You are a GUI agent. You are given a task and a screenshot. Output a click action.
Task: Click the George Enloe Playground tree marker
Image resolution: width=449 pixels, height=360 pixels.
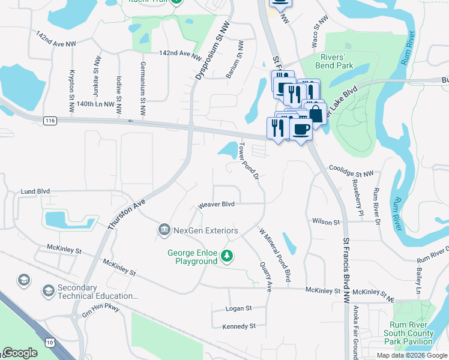click(227, 256)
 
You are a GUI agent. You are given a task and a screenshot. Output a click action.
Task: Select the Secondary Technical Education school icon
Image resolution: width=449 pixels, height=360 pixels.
click(48, 291)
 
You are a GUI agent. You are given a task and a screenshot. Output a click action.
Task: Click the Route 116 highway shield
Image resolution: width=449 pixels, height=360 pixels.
click(50, 121)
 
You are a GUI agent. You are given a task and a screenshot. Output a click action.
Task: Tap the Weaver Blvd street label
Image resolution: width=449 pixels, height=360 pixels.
click(216, 205)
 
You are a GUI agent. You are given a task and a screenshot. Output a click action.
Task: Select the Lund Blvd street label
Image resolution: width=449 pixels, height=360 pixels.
click(35, 191)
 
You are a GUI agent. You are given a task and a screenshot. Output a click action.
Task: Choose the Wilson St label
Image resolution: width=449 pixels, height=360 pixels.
click(326, 221)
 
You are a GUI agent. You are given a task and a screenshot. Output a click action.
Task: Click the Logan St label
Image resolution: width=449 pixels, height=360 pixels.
click(238, 308)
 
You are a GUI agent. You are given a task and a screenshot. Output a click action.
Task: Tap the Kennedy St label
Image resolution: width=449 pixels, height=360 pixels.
click(239, 326)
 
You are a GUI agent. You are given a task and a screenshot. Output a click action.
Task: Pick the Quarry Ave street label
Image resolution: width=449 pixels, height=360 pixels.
click(265, 275)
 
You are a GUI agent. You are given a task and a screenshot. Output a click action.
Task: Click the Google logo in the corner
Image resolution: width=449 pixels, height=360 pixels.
click(20, 353)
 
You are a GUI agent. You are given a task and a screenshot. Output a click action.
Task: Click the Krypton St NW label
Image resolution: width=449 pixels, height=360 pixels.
click(72, 87)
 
